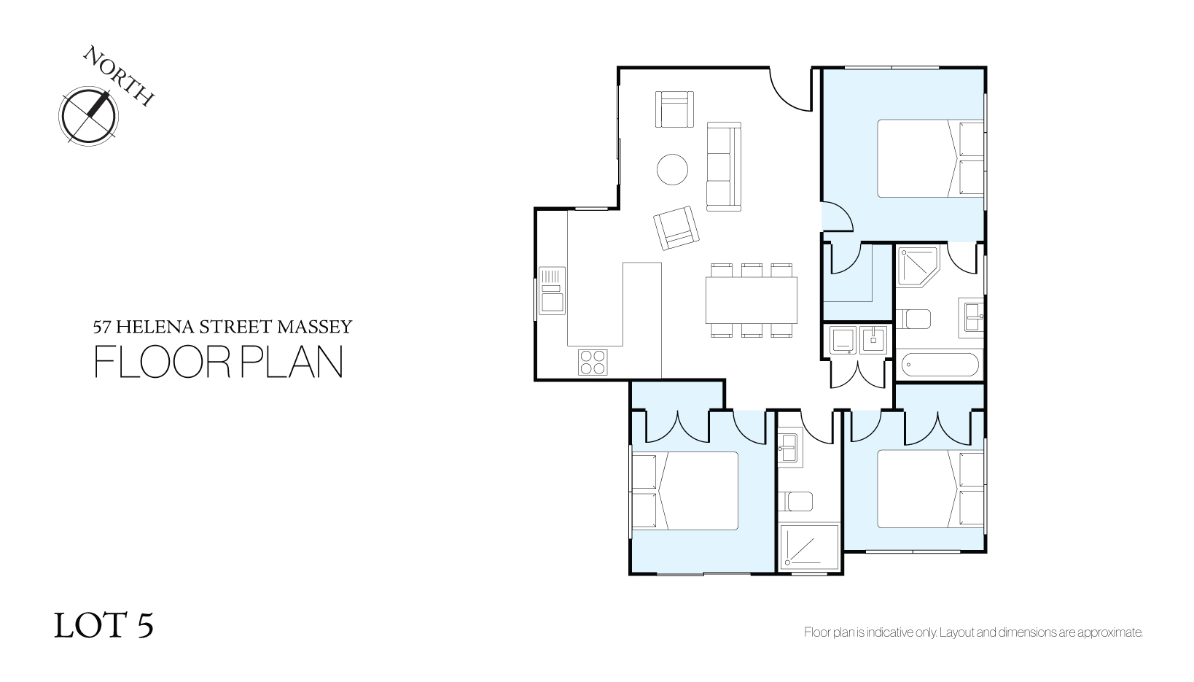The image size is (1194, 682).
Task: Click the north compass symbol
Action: click(88, 116)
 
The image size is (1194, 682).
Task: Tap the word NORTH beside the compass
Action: click(119, 76)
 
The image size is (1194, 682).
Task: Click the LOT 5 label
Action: click(104, 625)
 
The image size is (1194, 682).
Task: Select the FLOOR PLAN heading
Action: click(219, 362)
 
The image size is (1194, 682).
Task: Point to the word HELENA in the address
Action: click(155, 327)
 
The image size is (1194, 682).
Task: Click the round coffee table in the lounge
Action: click(672, 169)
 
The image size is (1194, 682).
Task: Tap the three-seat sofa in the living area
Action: click(724, 166)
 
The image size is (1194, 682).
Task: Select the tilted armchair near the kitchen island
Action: click(676, 228)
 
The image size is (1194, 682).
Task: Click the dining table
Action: click(752, 301)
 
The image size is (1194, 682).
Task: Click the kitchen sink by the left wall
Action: click(553, 290)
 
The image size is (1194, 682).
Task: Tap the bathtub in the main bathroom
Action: click(940, 365)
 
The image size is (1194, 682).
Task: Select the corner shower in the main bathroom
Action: click(917, 267)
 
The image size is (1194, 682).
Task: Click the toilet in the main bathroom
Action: click(913, 319)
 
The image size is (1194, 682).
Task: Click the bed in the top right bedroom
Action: click(930, 158)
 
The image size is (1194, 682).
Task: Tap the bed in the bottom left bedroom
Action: click(685, 491)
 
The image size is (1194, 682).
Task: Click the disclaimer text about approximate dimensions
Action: click(973, 633)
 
